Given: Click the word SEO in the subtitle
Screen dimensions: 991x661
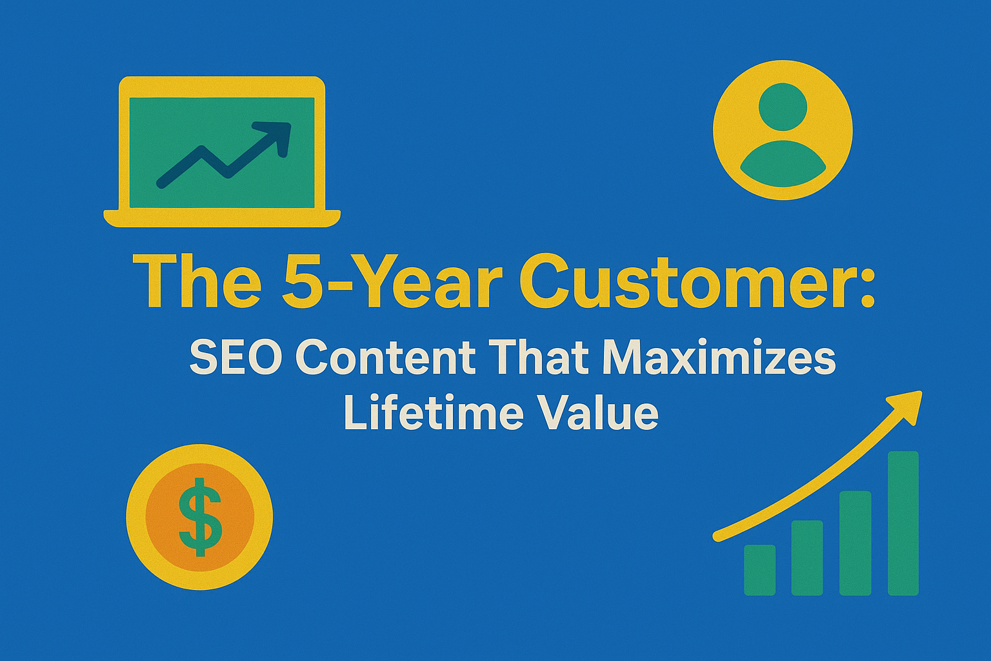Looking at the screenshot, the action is (235, 359).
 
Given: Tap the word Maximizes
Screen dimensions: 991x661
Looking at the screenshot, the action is (717, 359).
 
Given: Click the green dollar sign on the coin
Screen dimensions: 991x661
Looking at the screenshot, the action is (200, 516).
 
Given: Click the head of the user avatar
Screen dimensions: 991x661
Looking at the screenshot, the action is (783, 107).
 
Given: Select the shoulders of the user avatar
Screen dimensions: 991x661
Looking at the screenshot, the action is (783, 164).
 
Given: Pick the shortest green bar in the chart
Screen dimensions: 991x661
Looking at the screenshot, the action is (759, 570).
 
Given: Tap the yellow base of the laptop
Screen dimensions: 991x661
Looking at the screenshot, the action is (222, 218).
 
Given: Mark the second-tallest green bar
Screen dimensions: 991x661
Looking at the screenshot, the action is (855, 544).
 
